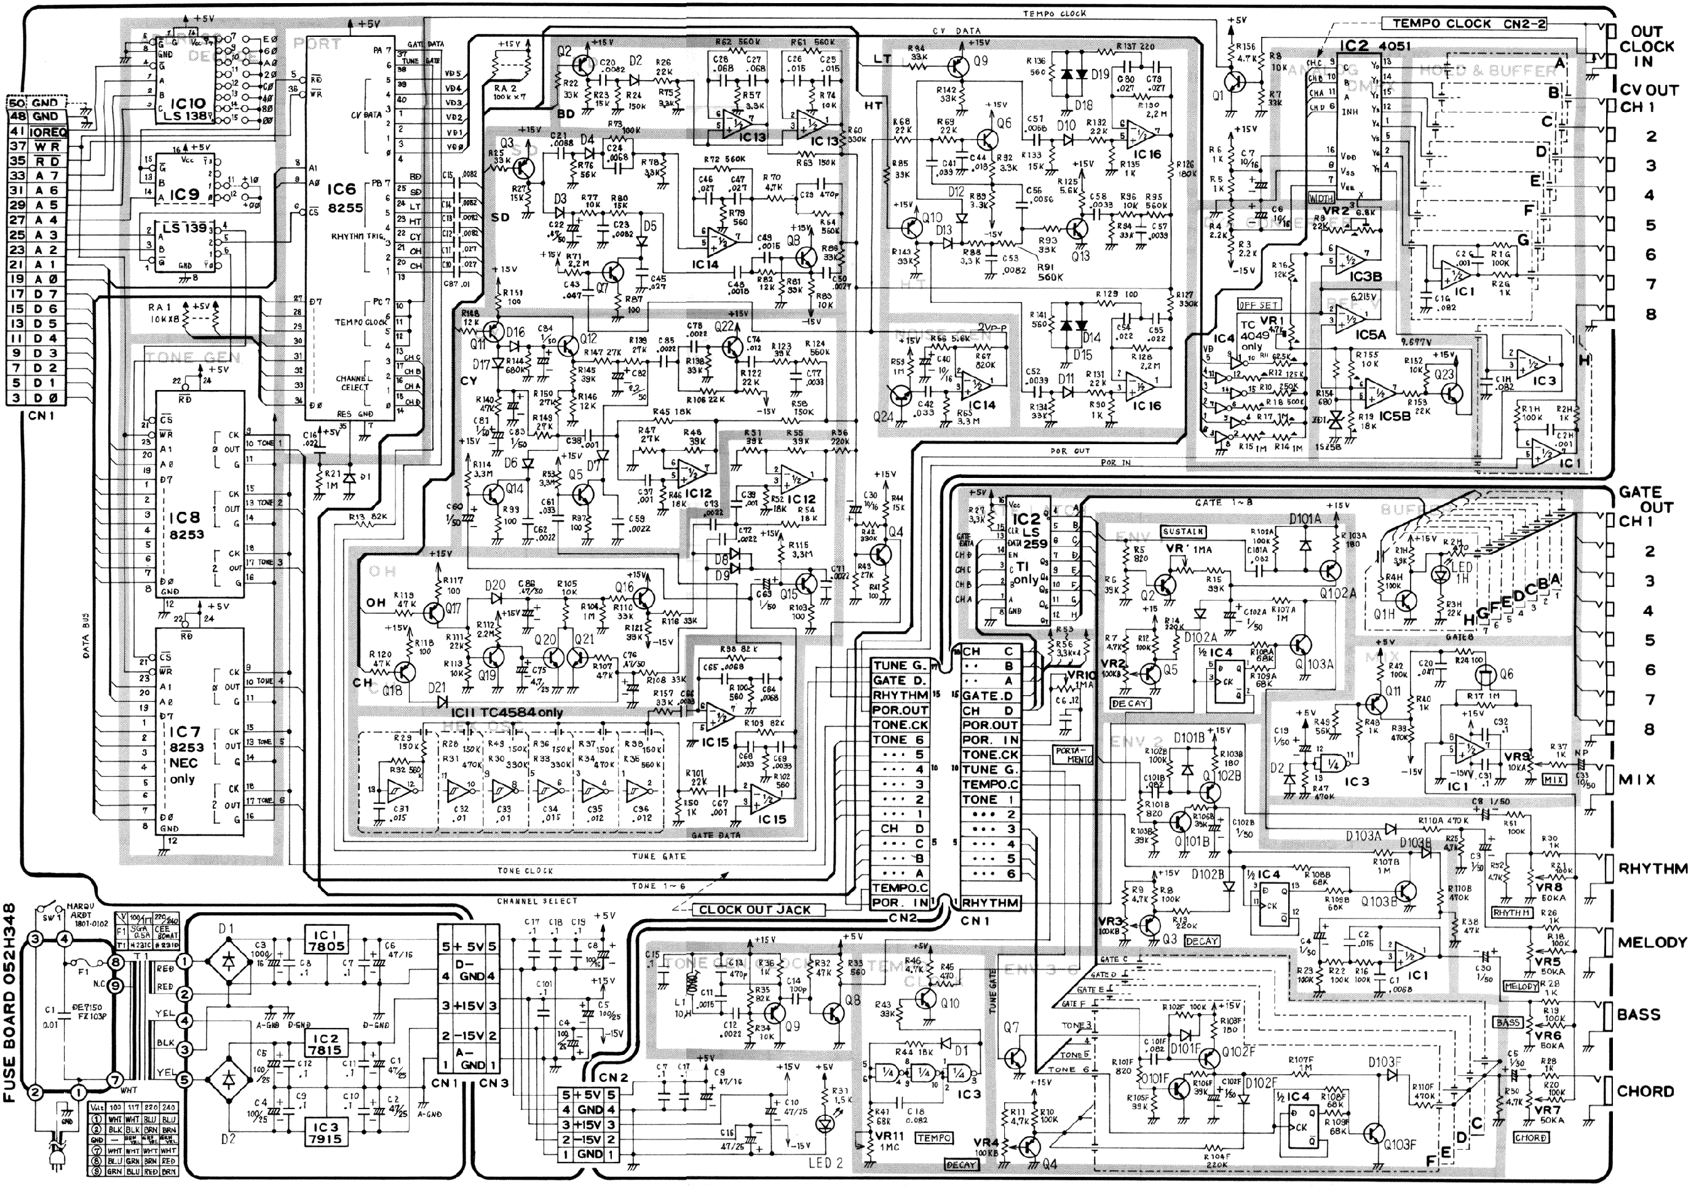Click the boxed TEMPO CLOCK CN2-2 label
click(x=1459, y=23)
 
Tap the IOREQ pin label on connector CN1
click(x=49, y=132)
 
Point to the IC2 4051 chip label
click(x=1374, y=46)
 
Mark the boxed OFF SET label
click(x=1257, y=305)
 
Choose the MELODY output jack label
click(x=1651, y=942)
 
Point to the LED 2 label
click(x=825, y=1163)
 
